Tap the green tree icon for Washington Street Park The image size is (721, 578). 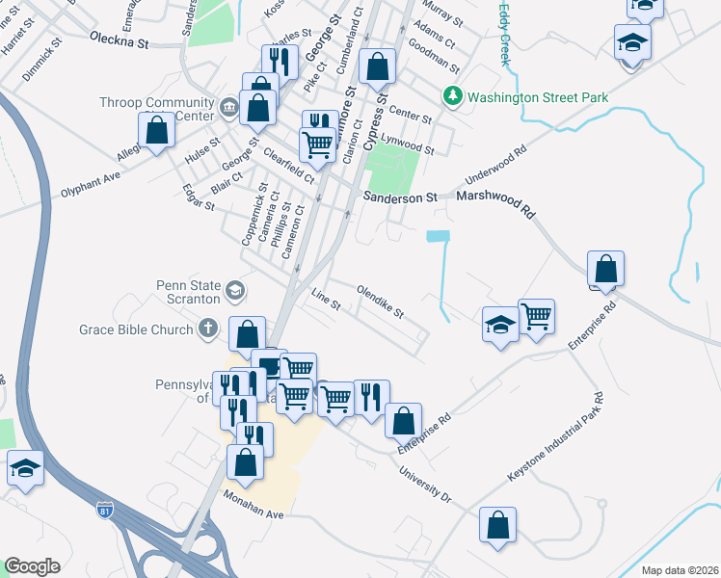tap(452, 96)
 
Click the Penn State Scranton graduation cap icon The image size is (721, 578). tap(235, 290)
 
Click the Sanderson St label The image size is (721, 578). tap(400, 197)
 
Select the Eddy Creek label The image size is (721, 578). tap(503, 34)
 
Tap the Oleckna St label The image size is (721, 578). tap(120, 43)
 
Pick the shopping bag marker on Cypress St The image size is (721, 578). tap(377, 67)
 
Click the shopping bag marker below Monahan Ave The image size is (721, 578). tap(497, 527)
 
